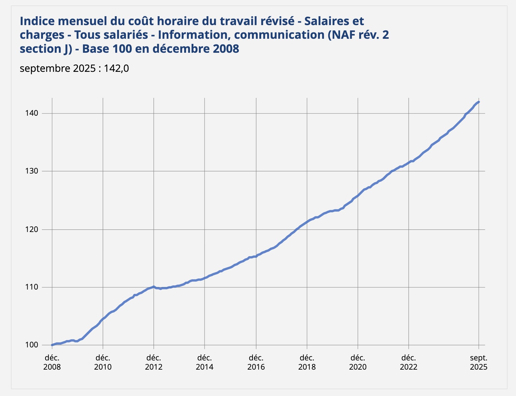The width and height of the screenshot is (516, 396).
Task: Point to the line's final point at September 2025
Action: coord(479,102)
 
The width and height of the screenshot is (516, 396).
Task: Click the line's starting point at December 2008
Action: coord(52,345)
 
